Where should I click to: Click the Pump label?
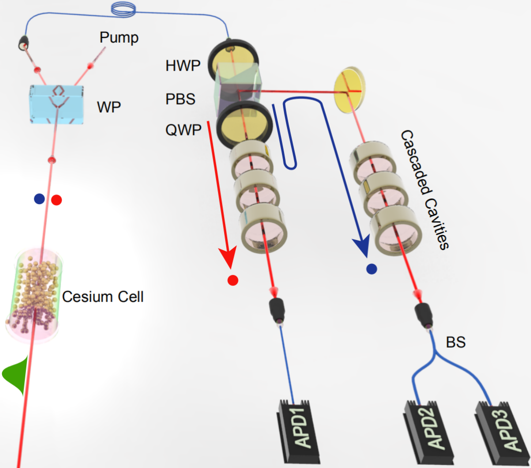point(119,37)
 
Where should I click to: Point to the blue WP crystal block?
point(56,104)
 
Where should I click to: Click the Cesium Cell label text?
point(103,296)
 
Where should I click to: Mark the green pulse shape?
point(14,376)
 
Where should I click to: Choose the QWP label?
point(181,129)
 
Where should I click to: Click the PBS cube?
point(238,91)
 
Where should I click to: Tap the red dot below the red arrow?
point(233,280)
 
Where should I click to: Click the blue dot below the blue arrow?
point(371,269)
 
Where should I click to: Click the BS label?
point(456,343)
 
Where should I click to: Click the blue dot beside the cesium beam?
point(40,199)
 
